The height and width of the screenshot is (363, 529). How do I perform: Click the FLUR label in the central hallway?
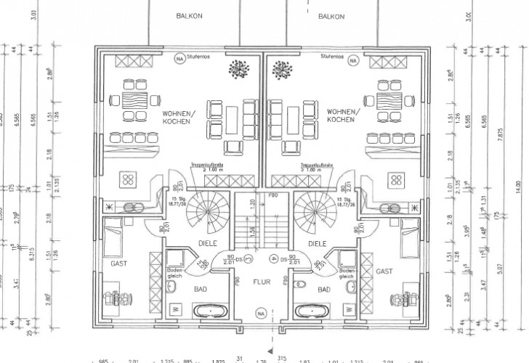[262, 280]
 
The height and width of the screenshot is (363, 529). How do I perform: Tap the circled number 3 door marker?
[248, 257]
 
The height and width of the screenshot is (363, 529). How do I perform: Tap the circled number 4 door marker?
[272, 257]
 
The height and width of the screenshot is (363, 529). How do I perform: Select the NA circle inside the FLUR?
[260, 314]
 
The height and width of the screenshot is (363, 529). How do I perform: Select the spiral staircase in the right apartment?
[312, 206]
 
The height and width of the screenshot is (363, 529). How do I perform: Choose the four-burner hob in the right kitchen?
[397, 180]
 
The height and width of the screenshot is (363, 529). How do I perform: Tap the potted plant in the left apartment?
[235, 70]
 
